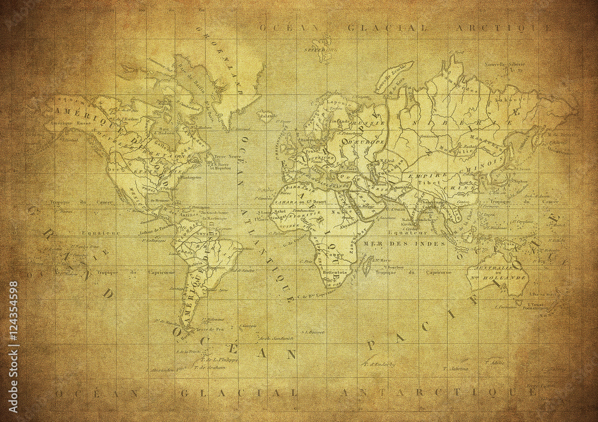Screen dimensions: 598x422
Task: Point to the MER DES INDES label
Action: (x=417, y=244)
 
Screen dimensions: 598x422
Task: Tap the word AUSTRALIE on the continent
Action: (x=507, y=270)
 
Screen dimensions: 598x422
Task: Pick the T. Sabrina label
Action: (x=456, y=369)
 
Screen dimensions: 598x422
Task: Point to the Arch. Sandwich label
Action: (x=276, y=338)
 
